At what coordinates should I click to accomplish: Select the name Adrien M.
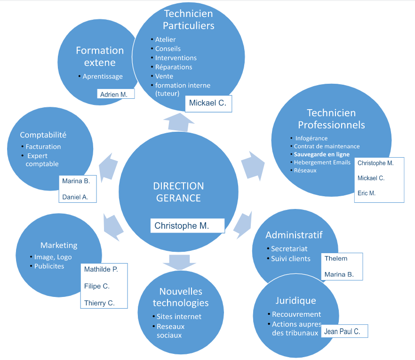click(114, 95)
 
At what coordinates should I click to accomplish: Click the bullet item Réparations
click(174, 67)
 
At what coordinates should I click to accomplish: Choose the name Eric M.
click(367, 193)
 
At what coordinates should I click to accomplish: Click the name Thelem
click(336, 258)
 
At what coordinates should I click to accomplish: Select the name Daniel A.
click(75, 197)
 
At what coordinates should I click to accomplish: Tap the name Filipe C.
click(97, 286)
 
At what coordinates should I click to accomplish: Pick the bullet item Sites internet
click(179, 317)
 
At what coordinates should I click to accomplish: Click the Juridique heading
click(295, 300)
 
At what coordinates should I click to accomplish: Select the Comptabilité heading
click(43, 135)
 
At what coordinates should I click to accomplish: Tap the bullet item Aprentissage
click(103, 76)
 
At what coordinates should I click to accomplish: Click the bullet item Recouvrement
click(296, 314)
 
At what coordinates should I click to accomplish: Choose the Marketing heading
click(59, 245)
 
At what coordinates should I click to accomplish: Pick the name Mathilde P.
click(101, 270)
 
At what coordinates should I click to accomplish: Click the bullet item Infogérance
click(311, 138)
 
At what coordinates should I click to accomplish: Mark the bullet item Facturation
click(43, 147)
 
